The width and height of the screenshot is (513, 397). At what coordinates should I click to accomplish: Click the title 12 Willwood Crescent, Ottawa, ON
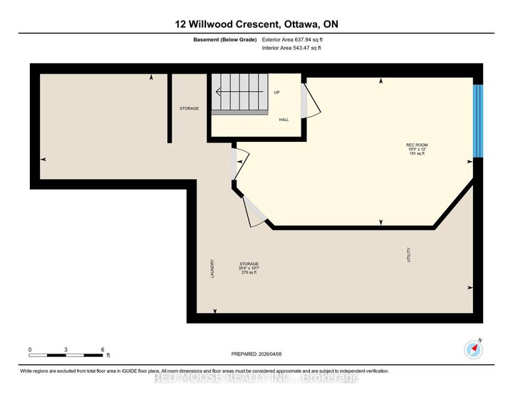(x=256, y=24)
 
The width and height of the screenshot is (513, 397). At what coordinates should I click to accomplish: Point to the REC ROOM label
(x=417, y=145)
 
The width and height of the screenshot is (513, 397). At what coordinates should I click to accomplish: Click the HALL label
(x=284, y=120)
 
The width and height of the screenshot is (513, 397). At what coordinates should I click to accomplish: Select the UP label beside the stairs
(x=277, y=93)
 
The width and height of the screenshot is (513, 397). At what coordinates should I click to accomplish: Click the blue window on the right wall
(x=478, y=121)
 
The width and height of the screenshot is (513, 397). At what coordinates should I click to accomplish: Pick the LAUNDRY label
(x=212, y=268)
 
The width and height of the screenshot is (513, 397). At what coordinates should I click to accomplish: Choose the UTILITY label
(x=408, y=254)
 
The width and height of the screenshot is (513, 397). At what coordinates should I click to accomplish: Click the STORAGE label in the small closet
(x=189, y=108)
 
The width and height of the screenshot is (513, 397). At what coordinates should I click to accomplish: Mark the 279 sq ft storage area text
(x=249, y=272)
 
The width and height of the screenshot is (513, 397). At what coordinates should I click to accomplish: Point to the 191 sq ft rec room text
(x=417, y=153)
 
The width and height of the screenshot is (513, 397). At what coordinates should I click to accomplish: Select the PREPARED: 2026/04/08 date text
(x=261, y=354)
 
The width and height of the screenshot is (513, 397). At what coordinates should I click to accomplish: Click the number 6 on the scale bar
(x=103, y=349)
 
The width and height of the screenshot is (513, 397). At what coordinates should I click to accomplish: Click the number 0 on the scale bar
(x=30, y=349)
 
